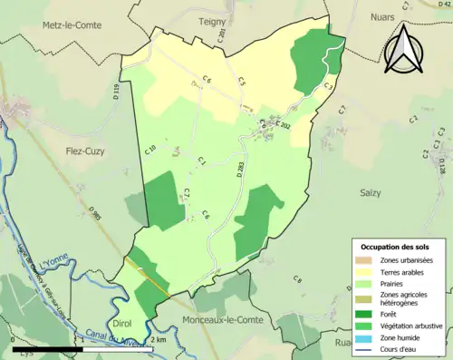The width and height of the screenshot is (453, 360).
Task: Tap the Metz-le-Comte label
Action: coord(73,27)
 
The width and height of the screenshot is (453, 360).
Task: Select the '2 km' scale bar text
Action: coord(158,339)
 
